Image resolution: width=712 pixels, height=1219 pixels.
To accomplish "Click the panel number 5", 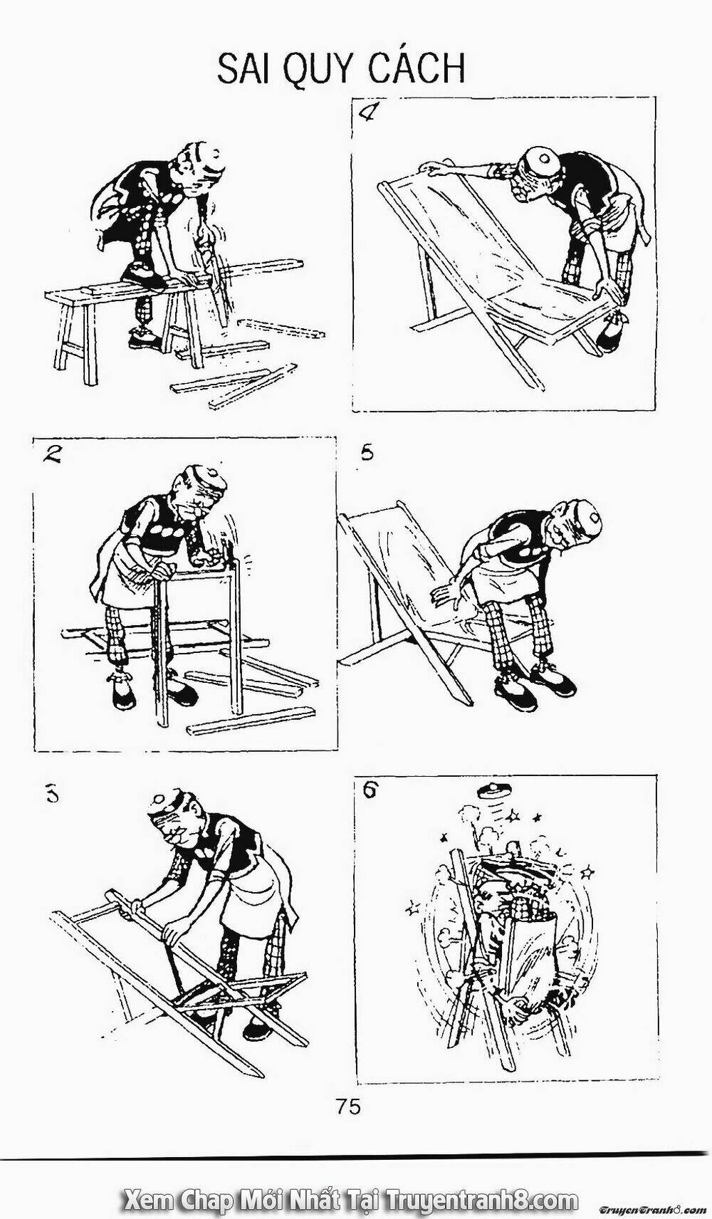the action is click(x=367, y=452).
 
